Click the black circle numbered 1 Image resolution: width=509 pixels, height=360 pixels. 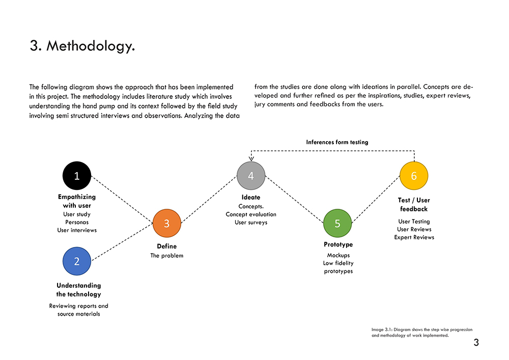77,176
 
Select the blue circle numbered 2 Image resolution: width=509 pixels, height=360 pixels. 77,261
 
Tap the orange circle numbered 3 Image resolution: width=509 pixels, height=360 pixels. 167,224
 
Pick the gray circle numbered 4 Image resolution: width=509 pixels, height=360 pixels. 251,176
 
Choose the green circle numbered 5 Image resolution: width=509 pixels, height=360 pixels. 337,224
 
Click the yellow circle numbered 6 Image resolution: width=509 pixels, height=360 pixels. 414,176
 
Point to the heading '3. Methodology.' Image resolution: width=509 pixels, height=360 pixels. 82,46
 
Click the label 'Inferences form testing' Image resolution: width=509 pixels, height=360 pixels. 337,142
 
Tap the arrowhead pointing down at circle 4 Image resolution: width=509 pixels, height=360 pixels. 251,159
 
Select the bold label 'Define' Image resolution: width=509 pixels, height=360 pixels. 166,246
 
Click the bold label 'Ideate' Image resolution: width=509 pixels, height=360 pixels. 251,197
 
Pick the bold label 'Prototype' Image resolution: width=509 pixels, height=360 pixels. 338,244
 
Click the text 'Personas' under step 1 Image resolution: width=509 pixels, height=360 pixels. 77,222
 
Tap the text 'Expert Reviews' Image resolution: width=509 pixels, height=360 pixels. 414,237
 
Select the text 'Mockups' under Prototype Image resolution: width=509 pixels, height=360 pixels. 338,255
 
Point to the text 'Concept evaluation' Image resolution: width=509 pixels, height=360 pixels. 251,214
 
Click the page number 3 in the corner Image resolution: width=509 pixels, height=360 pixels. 476,343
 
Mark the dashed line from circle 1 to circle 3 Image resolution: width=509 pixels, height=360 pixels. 122,200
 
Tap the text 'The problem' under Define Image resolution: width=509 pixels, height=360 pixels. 166,256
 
